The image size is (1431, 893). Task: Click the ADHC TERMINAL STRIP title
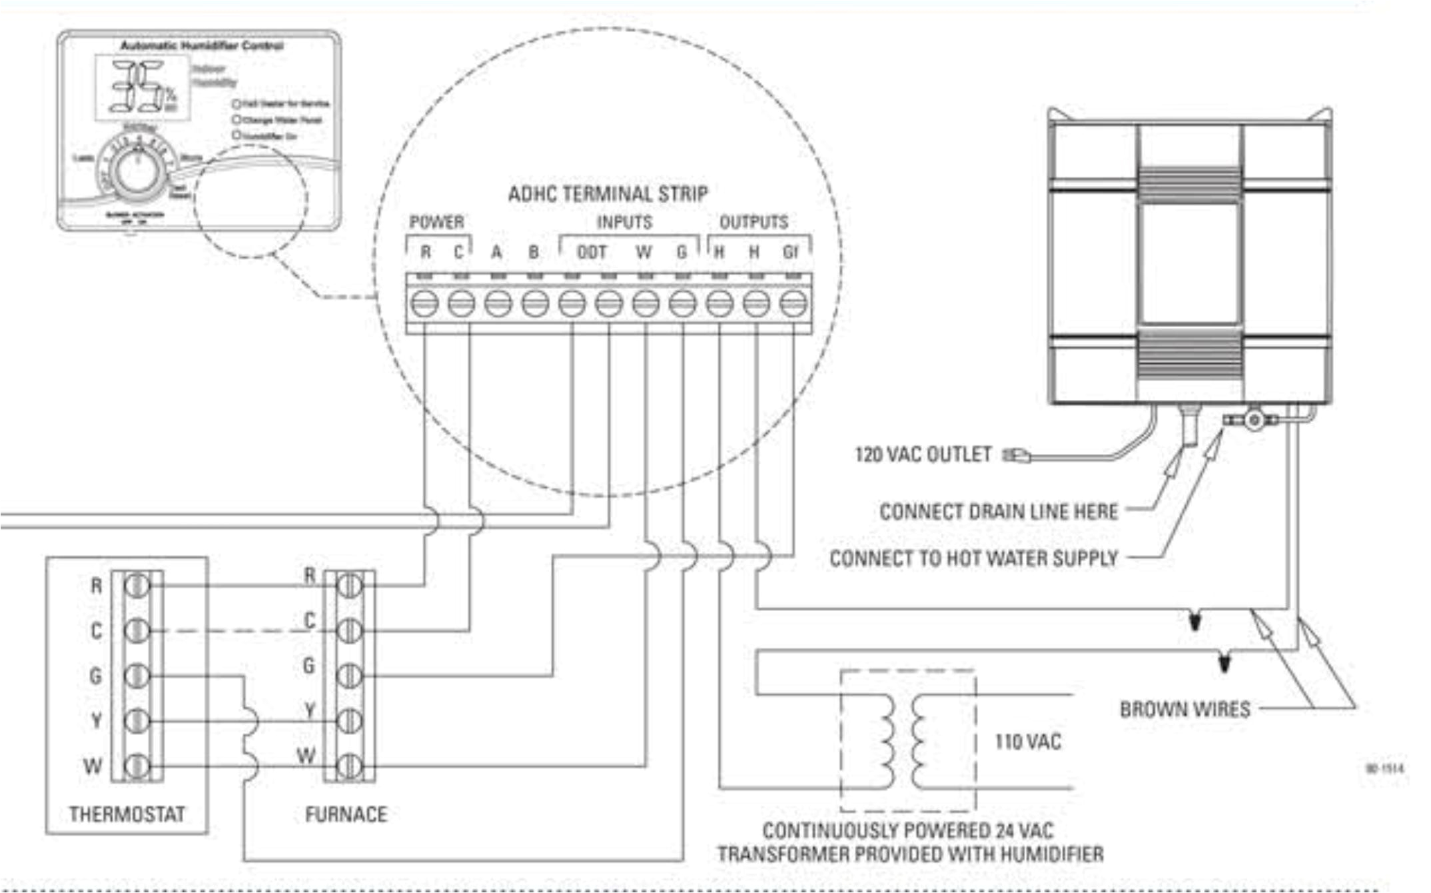click(608, 194)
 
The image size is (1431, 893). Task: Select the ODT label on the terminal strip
click(592, 253)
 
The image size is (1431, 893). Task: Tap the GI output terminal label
click(791, 253)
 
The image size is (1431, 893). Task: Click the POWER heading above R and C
click(436, 222)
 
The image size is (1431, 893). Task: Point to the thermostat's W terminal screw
click(137, 765)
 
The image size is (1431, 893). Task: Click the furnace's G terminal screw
click(349, 675)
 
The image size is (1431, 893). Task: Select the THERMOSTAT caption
click(127, 814)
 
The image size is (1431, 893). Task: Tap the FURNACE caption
click(346, 814)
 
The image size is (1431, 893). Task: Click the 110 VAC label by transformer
click(1028, 742)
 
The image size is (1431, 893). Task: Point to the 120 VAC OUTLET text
click(923, 454)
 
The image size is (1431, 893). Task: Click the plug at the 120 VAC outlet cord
click(1017, 455)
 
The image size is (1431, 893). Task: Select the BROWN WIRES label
click(1185, 709)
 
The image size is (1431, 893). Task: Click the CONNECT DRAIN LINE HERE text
click(999, 511)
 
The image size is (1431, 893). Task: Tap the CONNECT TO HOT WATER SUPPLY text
click(973, 558)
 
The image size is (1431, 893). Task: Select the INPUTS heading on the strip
click(624, 222)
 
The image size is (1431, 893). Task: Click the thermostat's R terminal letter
click(97, 586)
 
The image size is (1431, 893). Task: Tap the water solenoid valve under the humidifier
click(1253, 420)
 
